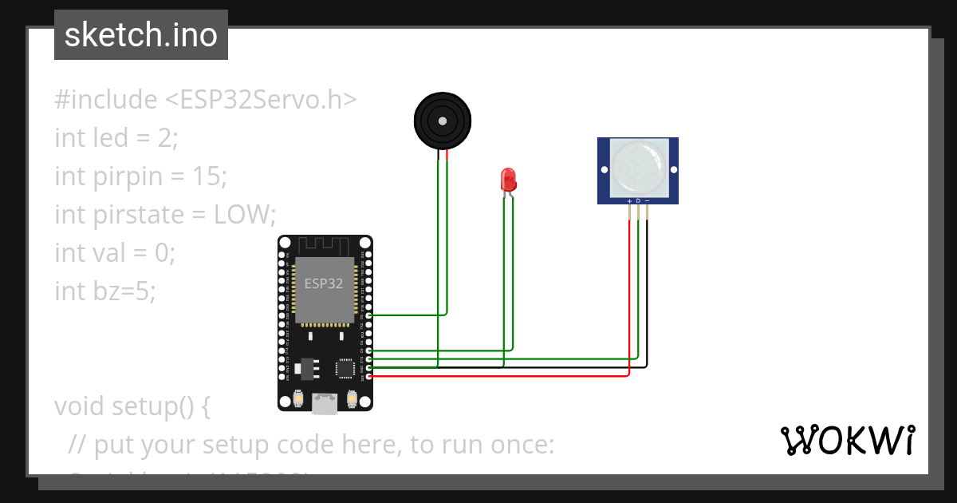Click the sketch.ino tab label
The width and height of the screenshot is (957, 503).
(x=140, y=35)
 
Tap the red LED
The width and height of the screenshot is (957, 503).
(x=508, y=180)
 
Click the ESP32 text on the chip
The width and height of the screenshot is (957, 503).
(x=324, y=283)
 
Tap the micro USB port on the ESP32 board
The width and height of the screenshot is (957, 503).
(x=324, y=405)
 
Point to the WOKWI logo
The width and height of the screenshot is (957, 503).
(x=847, y=440)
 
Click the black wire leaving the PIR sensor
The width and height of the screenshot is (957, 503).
(x=647, y=287)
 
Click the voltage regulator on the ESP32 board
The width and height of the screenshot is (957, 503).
(x=305, y=367)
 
